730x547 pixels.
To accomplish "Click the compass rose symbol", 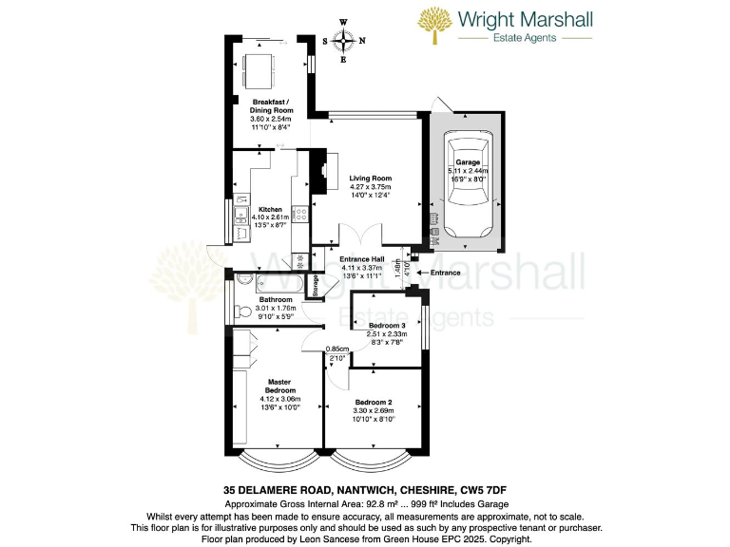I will click(x=343, y=40).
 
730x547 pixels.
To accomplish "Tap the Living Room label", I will click(x=370, y=179).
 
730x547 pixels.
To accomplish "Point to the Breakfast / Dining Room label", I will click(x=270, y=106).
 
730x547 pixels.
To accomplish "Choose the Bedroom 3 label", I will click(x=387, y=324).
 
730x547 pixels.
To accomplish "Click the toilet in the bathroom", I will click(x=241, y=311).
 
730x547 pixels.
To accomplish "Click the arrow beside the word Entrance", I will click(x=422, y=273).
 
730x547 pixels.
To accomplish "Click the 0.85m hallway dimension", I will click(x=336, y=349).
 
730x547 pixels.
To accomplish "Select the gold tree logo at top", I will click(x=436, y=27).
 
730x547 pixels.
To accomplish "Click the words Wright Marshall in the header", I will click(x=525, y=19).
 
